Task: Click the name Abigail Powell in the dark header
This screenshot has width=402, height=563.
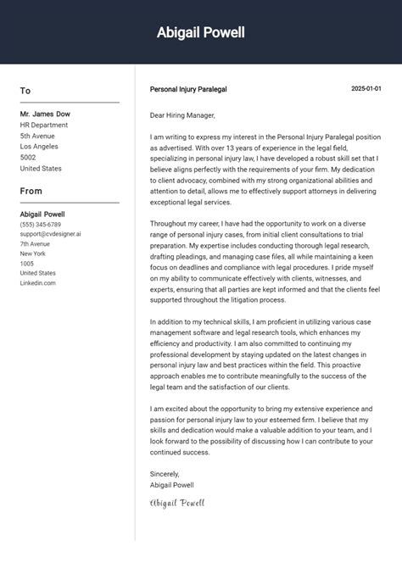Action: pos(200,32)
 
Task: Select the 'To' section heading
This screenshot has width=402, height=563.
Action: pos(25,91)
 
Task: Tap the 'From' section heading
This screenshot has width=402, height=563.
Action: pos(31,191)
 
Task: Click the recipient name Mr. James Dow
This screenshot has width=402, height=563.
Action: pos(45,114)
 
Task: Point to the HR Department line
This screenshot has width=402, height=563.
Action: pos(44,125)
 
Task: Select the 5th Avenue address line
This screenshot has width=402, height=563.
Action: pos(37,136)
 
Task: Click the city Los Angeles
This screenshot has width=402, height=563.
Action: pos(40,147)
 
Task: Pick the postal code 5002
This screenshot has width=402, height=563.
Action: pos(28,158)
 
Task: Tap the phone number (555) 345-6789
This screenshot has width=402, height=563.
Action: pos(41,224)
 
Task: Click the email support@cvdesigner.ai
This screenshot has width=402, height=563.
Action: pos(51,234)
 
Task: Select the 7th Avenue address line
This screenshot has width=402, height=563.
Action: pos(35,244)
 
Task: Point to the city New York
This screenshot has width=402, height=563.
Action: pos(33,254)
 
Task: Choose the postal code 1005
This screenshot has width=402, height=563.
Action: pos(27,264)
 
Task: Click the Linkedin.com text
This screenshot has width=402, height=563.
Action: pos(37,283)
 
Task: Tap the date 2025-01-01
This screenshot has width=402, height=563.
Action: pos(366,89)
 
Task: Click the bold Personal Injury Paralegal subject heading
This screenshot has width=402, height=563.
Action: pos(188,89)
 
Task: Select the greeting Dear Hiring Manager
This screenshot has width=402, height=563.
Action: pos(182,115)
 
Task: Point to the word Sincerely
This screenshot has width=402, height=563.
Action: pos(165,474)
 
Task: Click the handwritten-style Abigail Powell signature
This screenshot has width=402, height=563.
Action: pos(176,503)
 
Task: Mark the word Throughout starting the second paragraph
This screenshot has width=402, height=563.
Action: pos(169,221)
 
